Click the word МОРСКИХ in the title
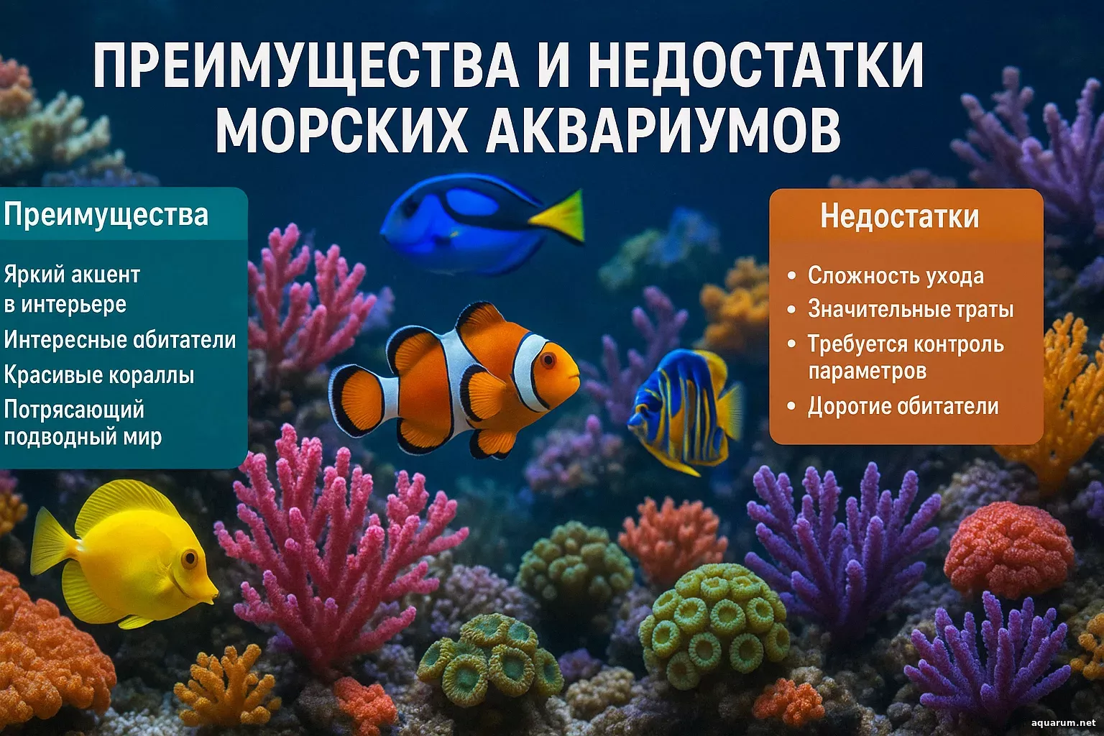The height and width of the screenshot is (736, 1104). point(341,131)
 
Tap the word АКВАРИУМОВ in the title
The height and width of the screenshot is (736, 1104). point(663,131)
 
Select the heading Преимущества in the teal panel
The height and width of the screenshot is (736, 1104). point(106,216)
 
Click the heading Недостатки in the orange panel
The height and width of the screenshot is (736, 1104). point(899,216)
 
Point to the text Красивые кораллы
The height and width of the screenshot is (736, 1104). point(99,376)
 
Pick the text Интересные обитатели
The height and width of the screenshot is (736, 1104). point(120,340)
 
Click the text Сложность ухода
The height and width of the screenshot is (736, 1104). point(896,276)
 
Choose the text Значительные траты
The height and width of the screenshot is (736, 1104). point(911,310)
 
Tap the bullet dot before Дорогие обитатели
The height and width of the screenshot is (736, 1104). point(791,406)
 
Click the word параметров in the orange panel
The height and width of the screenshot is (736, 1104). point(867,372)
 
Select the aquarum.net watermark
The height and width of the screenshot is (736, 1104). point(1063,723)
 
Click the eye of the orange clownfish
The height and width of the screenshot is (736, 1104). point(548,360)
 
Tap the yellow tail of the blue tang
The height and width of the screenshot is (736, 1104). point(559,216)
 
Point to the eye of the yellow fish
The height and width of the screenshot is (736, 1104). point(189,558)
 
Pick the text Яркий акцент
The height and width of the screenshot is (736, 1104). point(72,275)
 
